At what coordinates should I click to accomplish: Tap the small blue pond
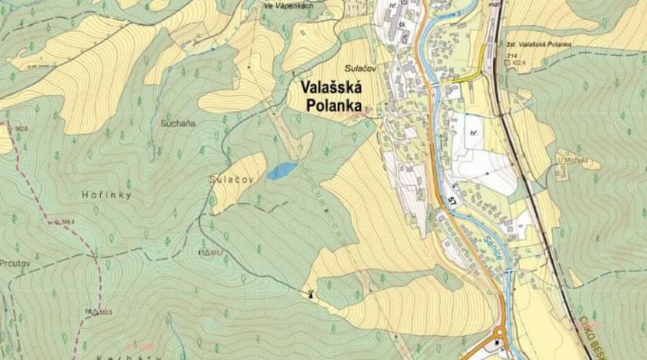[x=282, y=170]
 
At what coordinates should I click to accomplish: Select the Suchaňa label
[x=178, y=124]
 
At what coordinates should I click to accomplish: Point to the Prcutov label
[x=15, y=263]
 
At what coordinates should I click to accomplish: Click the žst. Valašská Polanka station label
[x=538, y=44]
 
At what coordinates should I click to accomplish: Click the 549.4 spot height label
[x=68, y=222]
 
